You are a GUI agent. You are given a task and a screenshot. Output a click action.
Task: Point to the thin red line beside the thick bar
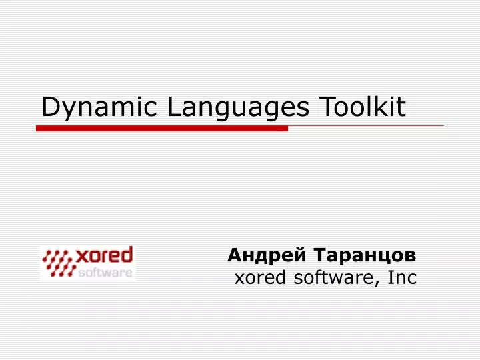(366, 125)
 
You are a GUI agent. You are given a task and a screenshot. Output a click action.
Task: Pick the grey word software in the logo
(105, 272)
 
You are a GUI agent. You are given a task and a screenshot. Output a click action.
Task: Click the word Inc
(402, 278)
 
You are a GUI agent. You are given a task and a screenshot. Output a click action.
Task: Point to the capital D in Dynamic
(51, 107)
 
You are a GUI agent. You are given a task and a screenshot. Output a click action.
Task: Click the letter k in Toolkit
(383, 107)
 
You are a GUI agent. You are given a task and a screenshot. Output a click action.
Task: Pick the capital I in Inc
(390, 278)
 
